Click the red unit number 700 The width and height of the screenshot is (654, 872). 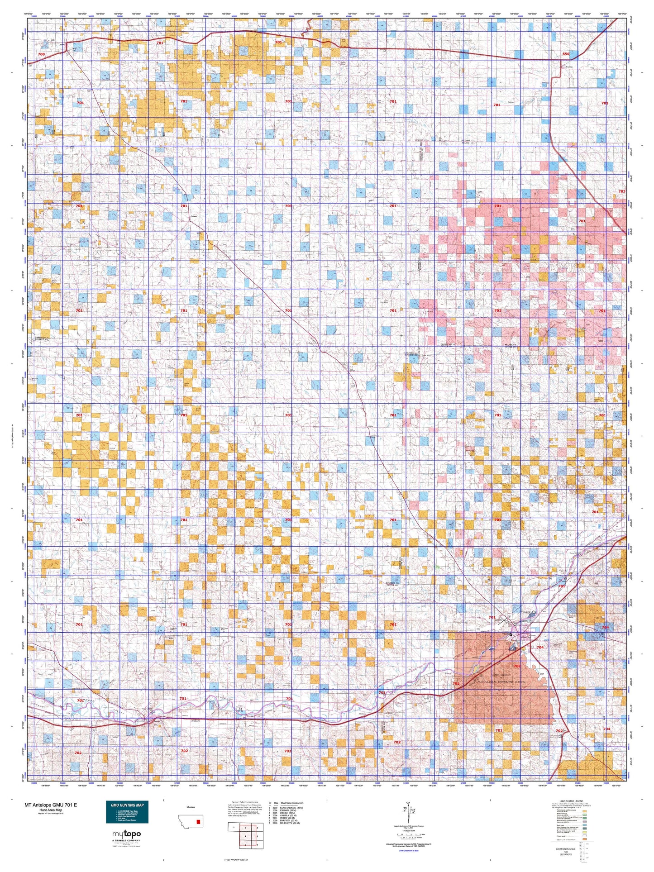42,54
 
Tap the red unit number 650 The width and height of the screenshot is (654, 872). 566,54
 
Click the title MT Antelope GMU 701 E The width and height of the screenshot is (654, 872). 51,805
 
